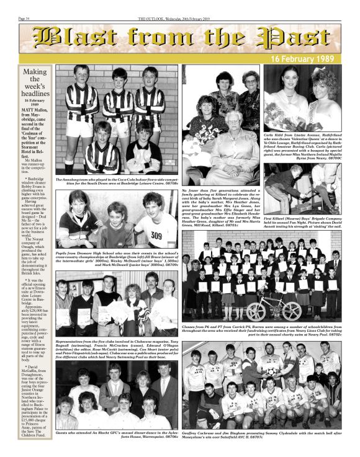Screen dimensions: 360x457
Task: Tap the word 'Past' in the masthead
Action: tap(292, 38)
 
